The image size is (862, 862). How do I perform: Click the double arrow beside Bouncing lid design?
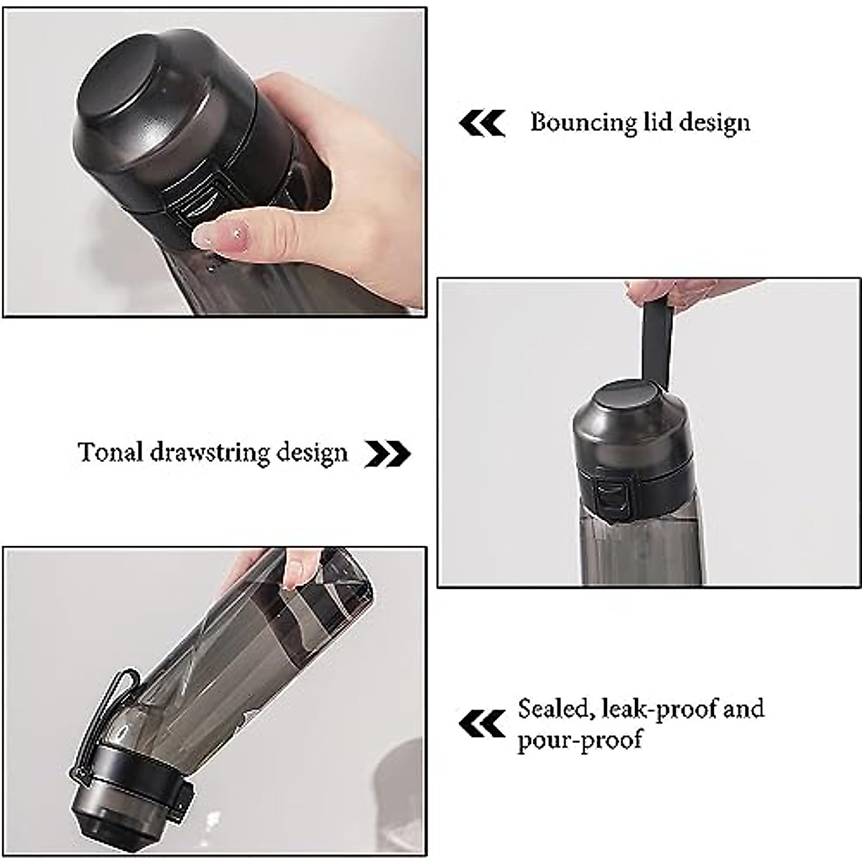[x=482, y=123]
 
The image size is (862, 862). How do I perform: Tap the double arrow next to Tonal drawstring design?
[x=387, y=454]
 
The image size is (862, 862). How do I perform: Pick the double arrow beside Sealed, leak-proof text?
[x=482, y=723]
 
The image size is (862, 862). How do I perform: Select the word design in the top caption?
[x=714, y=123]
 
